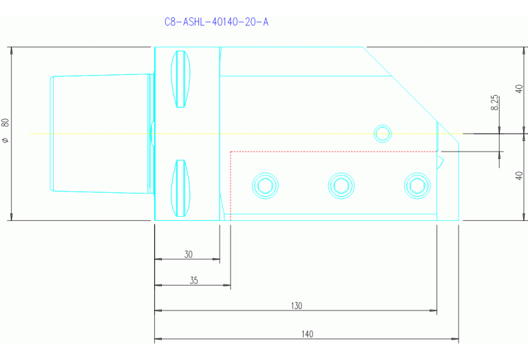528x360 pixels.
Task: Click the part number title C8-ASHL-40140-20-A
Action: click(x=216, y=22)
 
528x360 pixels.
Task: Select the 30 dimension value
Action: click(x=189, y=254)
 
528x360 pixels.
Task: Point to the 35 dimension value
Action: click(x=193, y=280)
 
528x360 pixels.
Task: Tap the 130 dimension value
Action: click(x=296, y=306)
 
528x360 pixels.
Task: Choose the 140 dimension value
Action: click(x=307, y=334)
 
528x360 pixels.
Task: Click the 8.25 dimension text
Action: click(x=495, y=103)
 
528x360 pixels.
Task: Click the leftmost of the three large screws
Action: click(x=265, y=185)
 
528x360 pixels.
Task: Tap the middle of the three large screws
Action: click(x=341, y=185)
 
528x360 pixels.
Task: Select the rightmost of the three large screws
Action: click(x=416, y=185)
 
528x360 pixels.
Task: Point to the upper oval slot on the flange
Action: click(x=181, y=79)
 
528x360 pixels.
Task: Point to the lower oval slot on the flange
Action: click(x=180, y=187)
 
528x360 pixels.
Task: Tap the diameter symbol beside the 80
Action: click(x=6, y=140)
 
